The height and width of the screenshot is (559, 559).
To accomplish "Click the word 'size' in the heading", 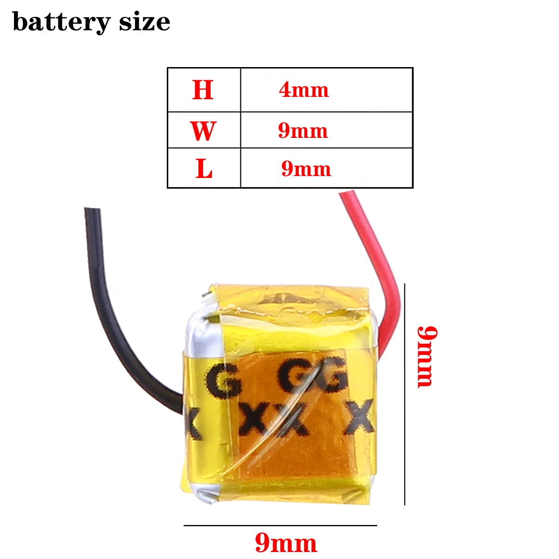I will pos(144,22).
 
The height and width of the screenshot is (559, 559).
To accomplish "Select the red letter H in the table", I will pos(203,90).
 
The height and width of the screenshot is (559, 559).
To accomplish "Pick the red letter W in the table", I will pos(203,131).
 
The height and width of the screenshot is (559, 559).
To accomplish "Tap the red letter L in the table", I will pos(204,169).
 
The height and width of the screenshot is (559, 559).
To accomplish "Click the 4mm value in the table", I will pos(304,90).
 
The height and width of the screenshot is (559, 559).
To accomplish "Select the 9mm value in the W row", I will pos(303,131).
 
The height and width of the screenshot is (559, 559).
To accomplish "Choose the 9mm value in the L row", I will pos(306,169).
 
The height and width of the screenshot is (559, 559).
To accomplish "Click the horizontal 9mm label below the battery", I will pos(286,543).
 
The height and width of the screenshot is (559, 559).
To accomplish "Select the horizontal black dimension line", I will pos(280,525).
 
